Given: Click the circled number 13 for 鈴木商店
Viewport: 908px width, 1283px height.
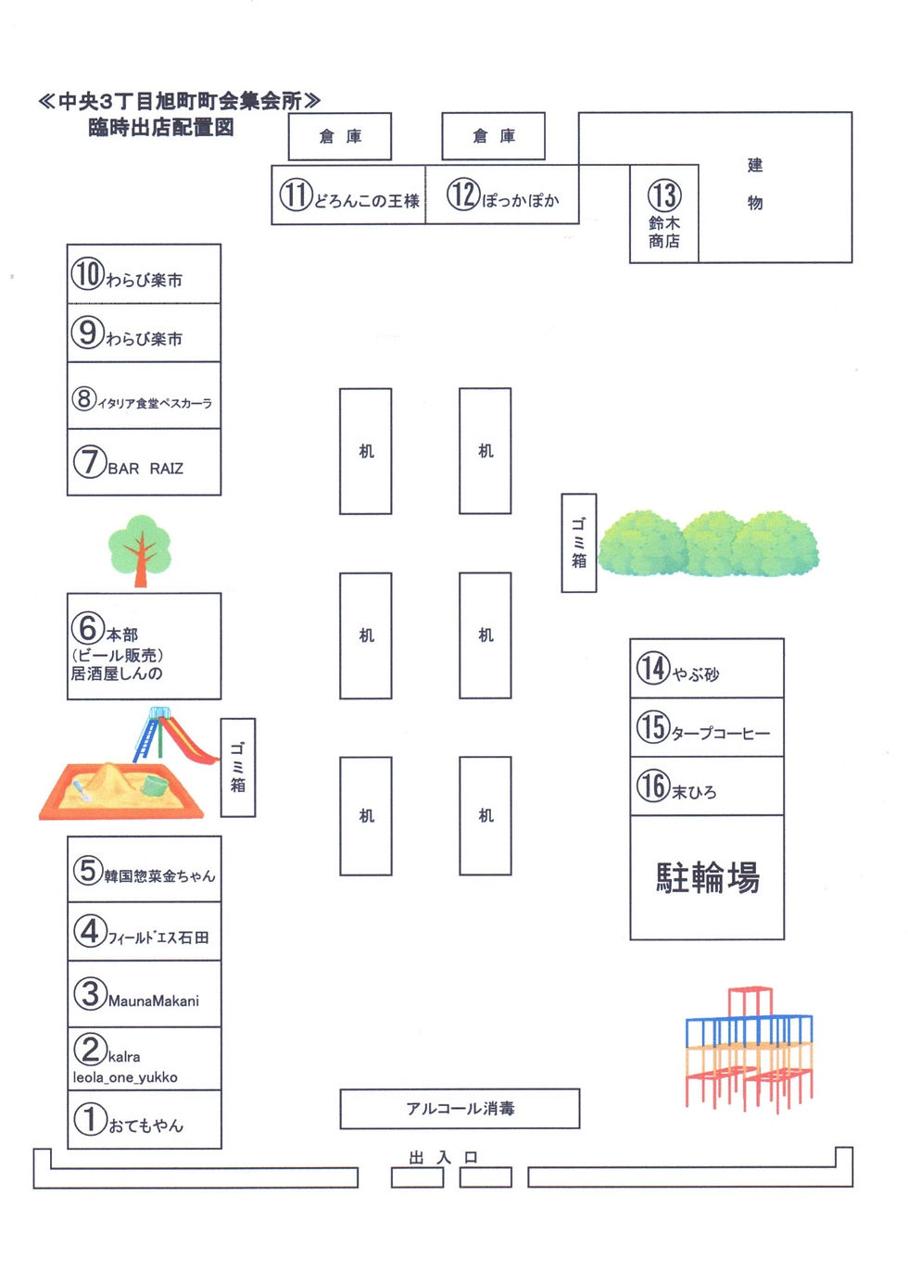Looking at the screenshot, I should pyautogui.click(x=663, y=195).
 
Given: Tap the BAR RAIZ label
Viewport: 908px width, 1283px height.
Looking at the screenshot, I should pyautogui.click(x=145, y=469).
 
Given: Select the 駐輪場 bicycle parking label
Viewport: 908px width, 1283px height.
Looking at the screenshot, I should pyautogui.click(x=708, y=877).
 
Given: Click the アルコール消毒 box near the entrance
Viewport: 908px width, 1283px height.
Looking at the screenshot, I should pyautogui.click(x=460, y=1109).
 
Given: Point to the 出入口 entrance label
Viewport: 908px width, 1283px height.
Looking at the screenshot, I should pyautogui.click(x=444, y=1158).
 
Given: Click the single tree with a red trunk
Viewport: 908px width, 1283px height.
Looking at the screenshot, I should pyautogui.click(x=140, y=549).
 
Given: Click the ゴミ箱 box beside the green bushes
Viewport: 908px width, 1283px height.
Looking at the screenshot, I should pyautogui.click(x=579, y=543).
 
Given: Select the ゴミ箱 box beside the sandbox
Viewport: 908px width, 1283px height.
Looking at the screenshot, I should pyautogui.click(x=238, y=767).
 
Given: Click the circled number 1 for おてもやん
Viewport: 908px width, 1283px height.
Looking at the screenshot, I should pyautogui.click(x=90, y=1118).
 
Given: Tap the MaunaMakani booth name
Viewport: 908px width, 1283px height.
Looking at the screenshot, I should pyautogui.click(x=154, y=1001).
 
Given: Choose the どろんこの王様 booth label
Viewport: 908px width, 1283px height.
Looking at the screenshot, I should pyautogui.click(x=367, y=201).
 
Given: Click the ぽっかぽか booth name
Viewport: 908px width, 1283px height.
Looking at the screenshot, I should pyautogui.click(x=521, y=201).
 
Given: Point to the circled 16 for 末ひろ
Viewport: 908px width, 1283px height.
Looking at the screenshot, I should pyautogui.click(x=652, y=786).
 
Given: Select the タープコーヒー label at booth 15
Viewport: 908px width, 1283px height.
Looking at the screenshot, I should pyautogui.click(x=721, y=734).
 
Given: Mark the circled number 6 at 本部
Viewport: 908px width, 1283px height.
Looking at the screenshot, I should pyautogui.click(x=87, y=627).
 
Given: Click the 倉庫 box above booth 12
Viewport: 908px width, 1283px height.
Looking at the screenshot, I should pyautogui.click(x=493, y=136).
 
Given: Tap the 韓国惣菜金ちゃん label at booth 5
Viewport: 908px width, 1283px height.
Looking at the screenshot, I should pyautogui.click(x=159, y=875).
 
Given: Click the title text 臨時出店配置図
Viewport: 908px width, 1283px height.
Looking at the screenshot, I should pyautogui.click(x=161, y=128).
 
